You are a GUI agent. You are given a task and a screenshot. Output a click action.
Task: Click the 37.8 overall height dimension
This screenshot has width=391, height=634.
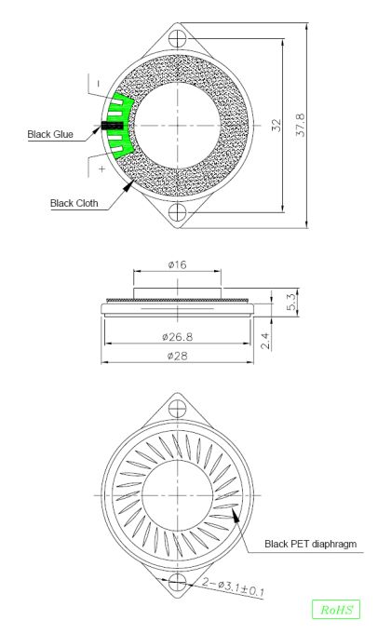301,126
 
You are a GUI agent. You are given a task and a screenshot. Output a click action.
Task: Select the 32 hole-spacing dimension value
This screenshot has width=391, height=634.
276,126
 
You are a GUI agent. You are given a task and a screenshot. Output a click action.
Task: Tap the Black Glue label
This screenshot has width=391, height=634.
50,134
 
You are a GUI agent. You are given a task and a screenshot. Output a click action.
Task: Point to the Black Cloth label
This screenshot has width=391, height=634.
74,203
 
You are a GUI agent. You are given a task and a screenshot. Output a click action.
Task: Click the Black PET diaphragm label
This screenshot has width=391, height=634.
311,545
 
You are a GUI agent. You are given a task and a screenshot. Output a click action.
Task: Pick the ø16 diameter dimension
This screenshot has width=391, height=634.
177,264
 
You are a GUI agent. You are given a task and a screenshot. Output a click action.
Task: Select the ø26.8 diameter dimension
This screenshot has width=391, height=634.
177,337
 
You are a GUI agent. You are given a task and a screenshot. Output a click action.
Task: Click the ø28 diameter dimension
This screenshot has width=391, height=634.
177,356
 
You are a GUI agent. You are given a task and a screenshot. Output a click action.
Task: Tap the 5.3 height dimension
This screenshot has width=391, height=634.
291,302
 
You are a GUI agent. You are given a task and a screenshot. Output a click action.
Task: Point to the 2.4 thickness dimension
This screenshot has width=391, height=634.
264,341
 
